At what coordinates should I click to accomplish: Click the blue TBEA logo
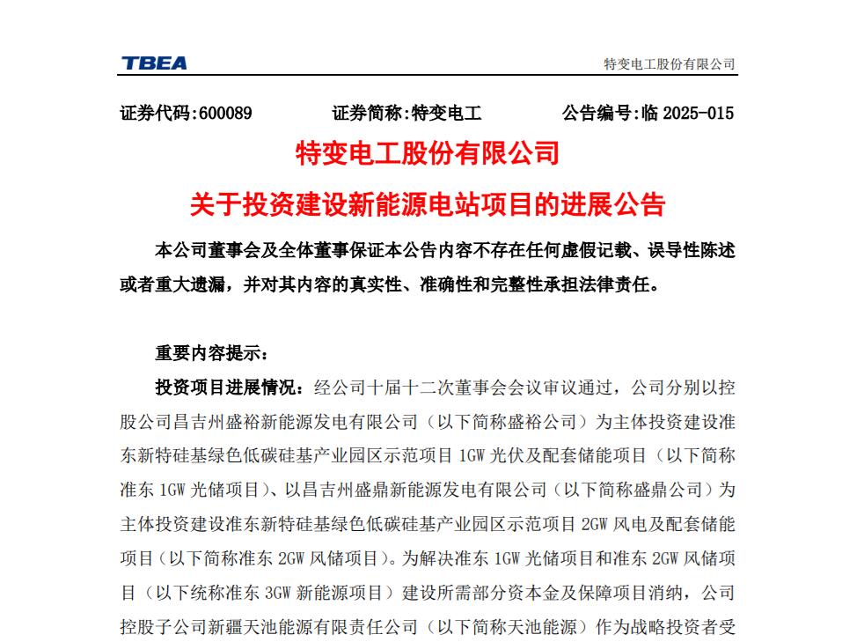tap(154, 63)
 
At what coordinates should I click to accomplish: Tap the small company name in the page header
tap(669, 64)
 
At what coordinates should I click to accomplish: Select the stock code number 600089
tap(226, 113)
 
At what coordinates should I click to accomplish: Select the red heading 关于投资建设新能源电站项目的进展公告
tap(428, 205)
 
